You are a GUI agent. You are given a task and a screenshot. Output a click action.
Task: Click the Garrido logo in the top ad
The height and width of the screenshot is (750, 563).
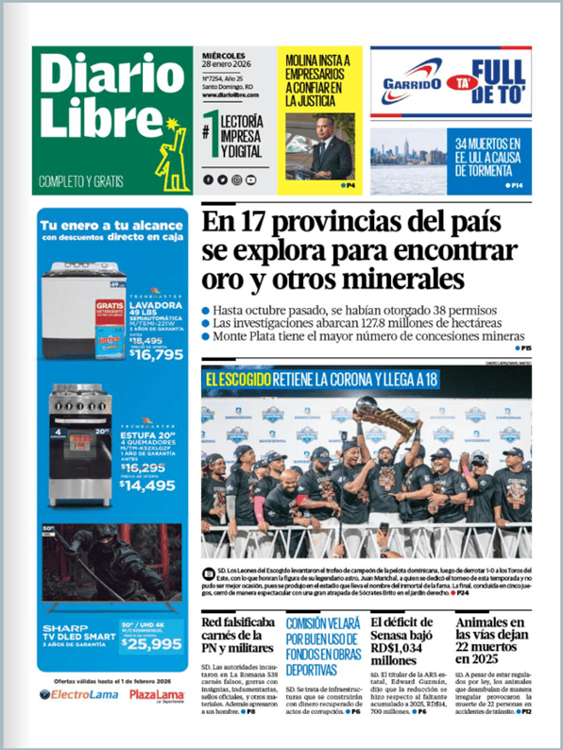(413, 83)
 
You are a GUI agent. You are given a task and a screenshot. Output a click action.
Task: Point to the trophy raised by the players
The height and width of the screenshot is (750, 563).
(389, 416)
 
